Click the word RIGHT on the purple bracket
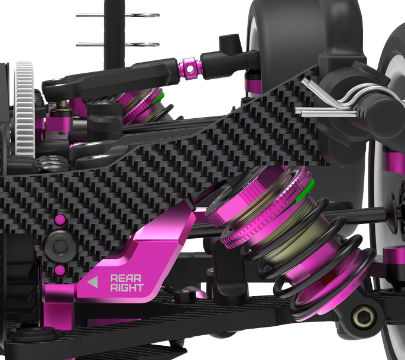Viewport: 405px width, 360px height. (x=127, y=288)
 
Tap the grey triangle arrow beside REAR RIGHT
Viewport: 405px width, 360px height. (x=92, y=283)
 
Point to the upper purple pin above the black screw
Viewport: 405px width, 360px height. (x=59, y=220)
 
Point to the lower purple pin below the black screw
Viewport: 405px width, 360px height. (x=60, y=271)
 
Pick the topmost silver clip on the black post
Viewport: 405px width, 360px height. (x=118, y=15)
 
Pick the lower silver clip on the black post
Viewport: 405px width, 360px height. (x=118, y=43)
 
